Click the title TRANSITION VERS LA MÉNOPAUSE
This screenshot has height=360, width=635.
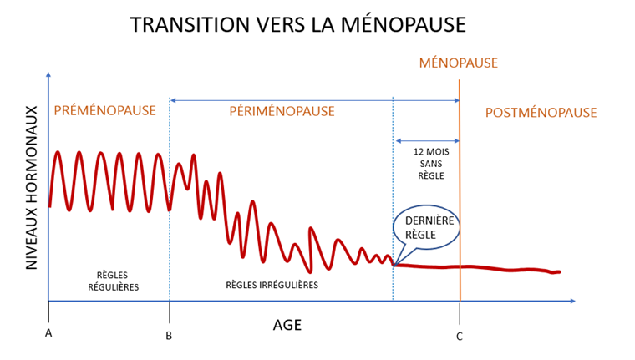[297, 24]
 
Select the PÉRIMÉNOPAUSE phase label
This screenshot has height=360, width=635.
[282, 111]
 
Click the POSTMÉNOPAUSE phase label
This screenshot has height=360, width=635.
[541, 112]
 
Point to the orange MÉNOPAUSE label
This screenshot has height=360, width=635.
[458, 63]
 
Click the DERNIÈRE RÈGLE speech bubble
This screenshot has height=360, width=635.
[425, 227]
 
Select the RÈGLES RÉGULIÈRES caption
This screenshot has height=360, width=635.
[113, 281]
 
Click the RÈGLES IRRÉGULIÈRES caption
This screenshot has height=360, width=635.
[272, 285]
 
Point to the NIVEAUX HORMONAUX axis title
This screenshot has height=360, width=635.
[32, 187]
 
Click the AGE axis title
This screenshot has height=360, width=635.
[287, 326]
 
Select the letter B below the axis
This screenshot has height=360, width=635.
[169, 336]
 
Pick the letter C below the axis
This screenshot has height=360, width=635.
[460, 336]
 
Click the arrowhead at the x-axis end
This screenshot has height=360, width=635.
[571, 300]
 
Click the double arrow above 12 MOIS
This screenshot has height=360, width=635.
[426, 140]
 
